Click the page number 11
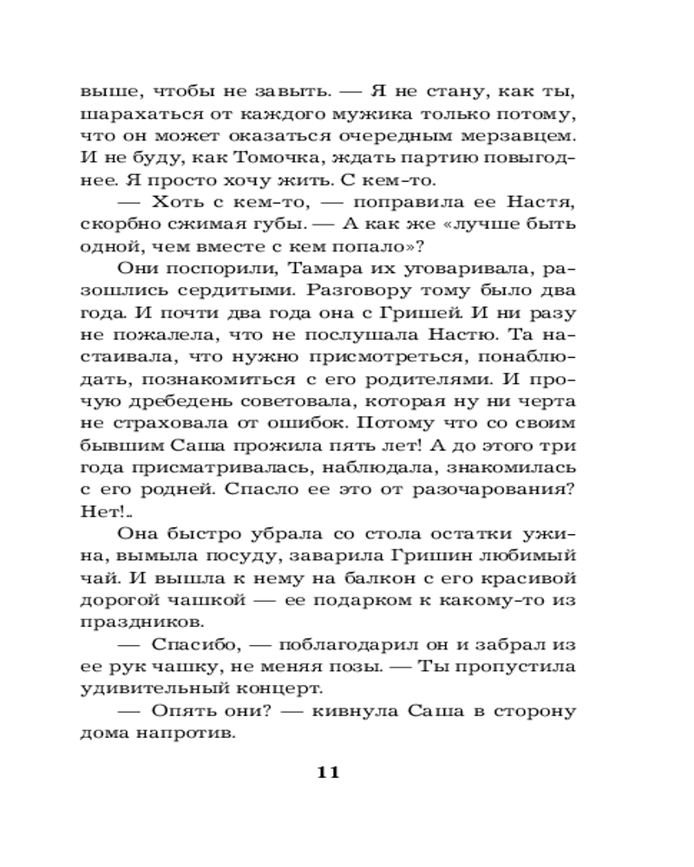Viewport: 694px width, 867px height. (x=327, y=773)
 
